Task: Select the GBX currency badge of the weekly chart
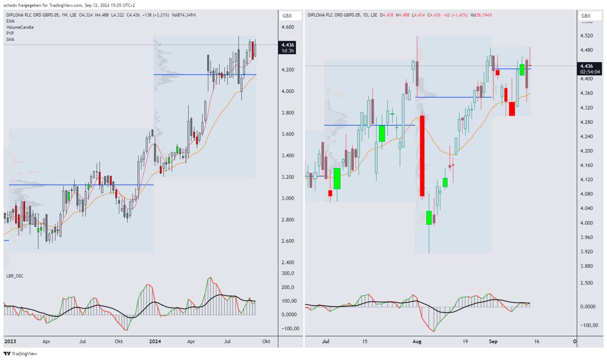coord(287,16)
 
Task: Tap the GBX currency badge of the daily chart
coord(586,16)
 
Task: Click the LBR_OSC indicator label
coord(15,276)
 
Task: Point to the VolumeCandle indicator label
coord(20,27)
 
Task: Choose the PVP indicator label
coord(10,33)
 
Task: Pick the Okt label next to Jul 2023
coord(119,341)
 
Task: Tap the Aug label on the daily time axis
coord(417,341)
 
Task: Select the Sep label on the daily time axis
coord(493,341)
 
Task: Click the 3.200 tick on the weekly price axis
coord(288,177)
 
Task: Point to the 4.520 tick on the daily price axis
coord(587,36)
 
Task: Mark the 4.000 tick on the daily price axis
coord(587,223)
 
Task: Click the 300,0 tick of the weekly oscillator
coord(288,273)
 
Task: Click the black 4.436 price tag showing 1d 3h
coord(287,47)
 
